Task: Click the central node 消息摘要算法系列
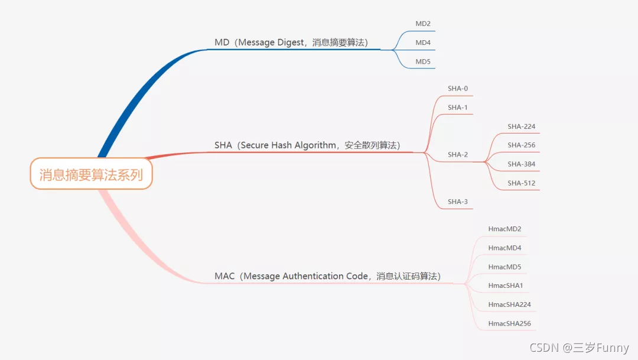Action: pyautogui.click(x=91, y=174)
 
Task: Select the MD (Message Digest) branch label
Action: pyautogui.click(x=291, y=43)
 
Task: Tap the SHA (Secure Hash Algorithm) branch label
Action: pyautogui.click(x=307, y=145)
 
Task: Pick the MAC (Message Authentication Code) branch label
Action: pyautogui.click(x=327, y=276)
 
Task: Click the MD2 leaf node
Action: pyautogui.click(x=423, y=24)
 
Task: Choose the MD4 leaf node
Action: pyautogui.click(x=423, y=43)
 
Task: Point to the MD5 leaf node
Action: pyautogui.click(x=423, y=61)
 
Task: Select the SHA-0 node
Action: pyautogui.click(x=458, y=89)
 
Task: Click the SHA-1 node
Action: pyautogui.click(x=458, y=108)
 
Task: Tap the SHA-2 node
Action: pyautogui.click(x=458, y=155)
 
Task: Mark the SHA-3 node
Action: pyautogui.click(x=458, y=202)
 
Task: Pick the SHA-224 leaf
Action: pyautogui.click(x=521, y=127)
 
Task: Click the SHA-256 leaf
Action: pyautogui.click(x=521, y=145)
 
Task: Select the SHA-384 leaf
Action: pyautogui.click(x=521, y=164)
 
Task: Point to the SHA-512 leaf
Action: pyautogui.click(x=521, y=183)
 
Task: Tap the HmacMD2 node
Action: pyautogui.click(x=505, y=229)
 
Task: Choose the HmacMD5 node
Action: pyautogui.click(x=505, y=267)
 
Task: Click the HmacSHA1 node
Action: pyautogui.click(x=506, y=286)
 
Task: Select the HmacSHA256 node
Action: pyautogui.click(x=510, y=324)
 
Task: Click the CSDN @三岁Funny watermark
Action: pyautogui.click(x=579, y=348)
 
